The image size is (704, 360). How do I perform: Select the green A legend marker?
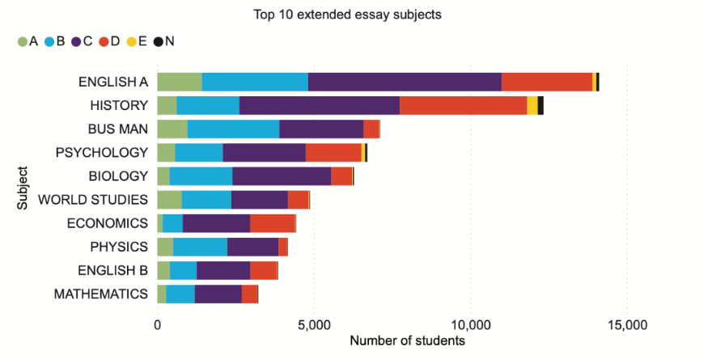coord(22,41)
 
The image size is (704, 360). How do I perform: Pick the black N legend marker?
coord(158,41)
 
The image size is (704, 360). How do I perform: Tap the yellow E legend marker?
coord(131,41)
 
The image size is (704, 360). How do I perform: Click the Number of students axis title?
coord(407,341)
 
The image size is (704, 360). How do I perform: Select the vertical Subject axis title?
coord(23,188)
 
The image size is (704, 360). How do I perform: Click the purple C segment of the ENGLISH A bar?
coord(405,82)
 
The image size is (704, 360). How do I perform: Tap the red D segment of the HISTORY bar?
coord(463,105)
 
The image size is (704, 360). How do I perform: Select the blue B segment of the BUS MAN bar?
coord(233,129)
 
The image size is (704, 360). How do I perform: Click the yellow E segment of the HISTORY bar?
coord(532,105)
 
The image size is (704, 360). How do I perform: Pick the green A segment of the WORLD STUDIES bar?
coord(169,200)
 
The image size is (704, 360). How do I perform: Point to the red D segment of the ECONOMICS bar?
coord(273,223)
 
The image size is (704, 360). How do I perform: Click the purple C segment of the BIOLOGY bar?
coord(282,176)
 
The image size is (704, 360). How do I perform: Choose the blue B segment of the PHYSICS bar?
coord(200,247)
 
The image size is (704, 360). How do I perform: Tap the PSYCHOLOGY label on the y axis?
coord(102,152)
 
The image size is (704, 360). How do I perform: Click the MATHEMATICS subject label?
coord(101,294)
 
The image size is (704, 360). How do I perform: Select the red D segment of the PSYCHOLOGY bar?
coord(333,152)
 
